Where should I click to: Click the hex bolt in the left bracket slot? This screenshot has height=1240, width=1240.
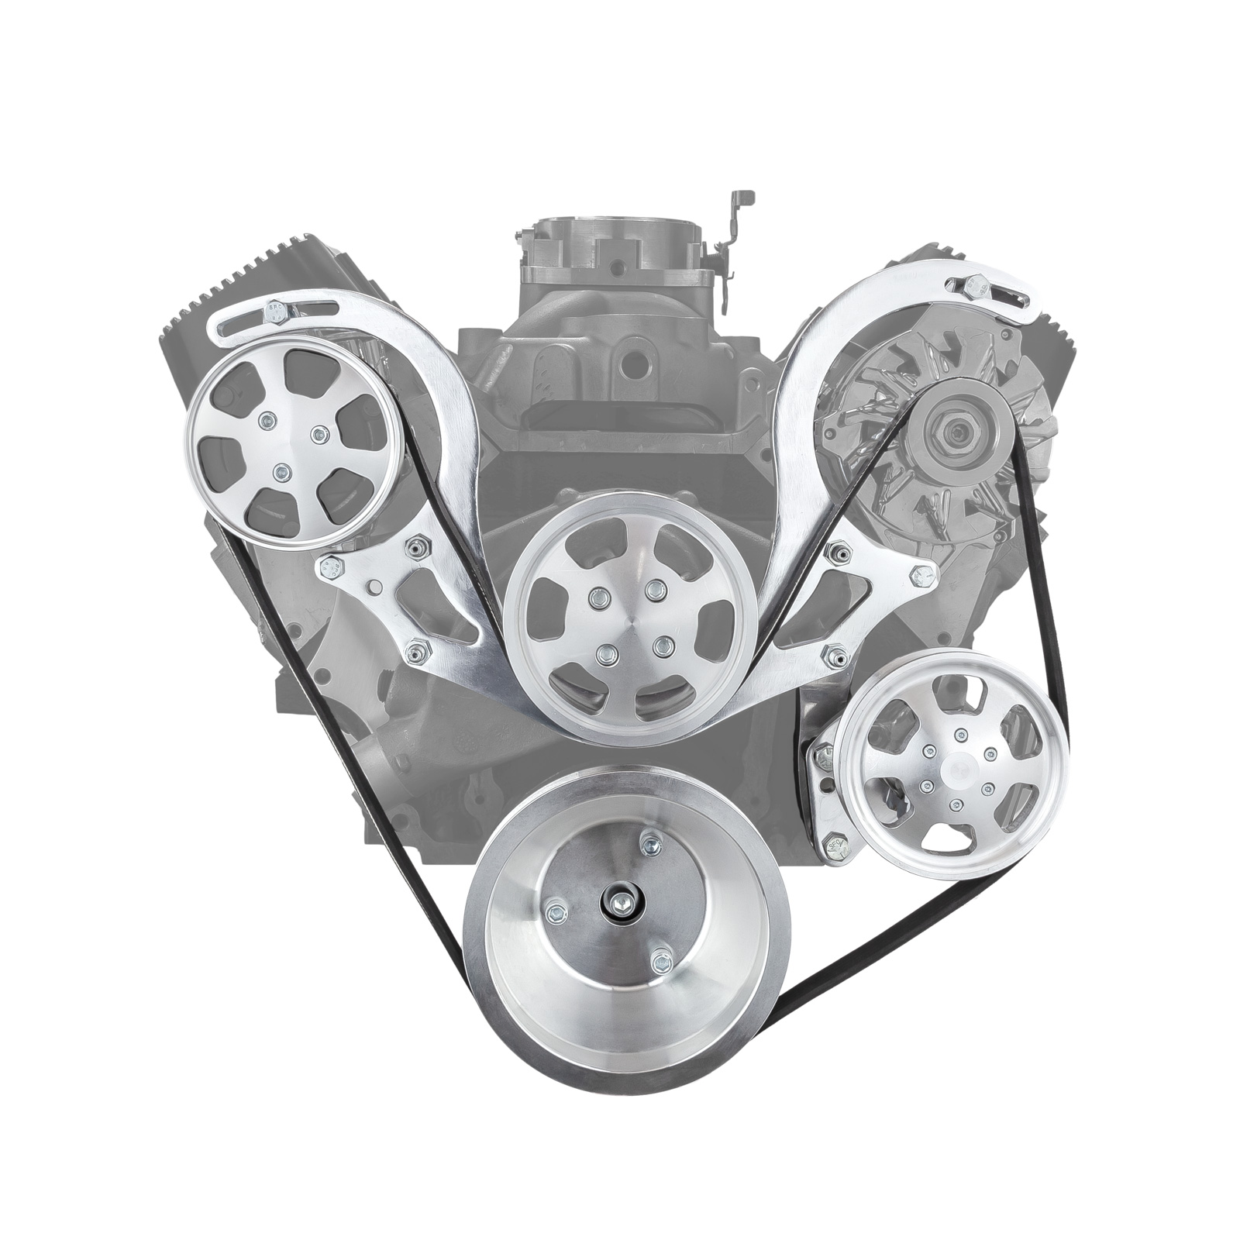[277, 312]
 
